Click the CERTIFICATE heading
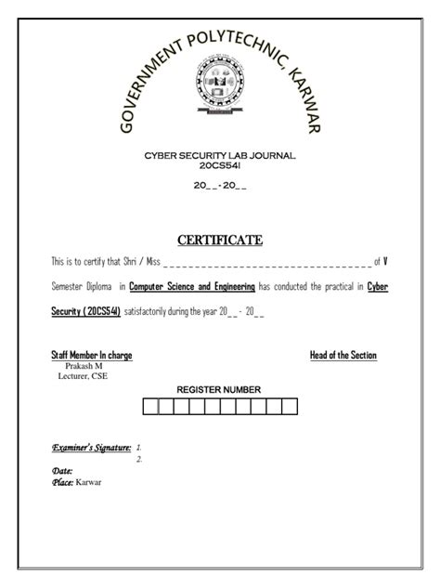point(220,240)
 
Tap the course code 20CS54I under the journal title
point(219,164)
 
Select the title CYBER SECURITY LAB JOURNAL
point(219,155)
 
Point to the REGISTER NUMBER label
point(219,389)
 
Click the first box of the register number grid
point(149,406)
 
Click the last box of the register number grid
point(290,406)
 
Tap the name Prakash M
point(72,366)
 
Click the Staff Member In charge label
point(90,356)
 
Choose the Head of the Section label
point(343,356)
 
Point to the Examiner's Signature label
point(91,448)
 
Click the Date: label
point(62,471)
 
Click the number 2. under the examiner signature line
point(139,459)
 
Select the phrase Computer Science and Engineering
point(192,287)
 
